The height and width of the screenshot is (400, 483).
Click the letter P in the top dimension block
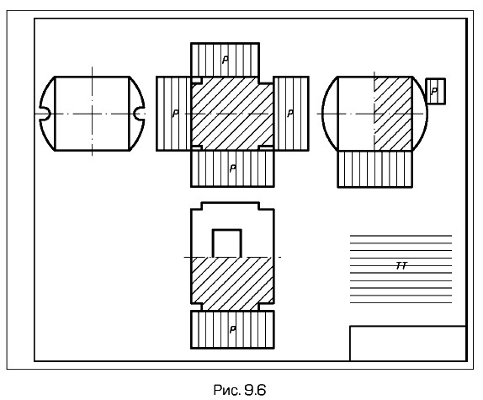226,60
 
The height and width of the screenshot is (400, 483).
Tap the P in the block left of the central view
175,114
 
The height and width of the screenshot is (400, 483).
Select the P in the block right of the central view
290,114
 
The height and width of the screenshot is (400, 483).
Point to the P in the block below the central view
233,168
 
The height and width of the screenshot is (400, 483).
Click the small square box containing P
436,92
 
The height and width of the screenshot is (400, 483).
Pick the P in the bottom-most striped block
233,329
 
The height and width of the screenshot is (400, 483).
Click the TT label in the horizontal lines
401,265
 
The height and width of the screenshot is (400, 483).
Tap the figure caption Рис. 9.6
240,390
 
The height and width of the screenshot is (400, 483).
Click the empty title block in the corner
408,344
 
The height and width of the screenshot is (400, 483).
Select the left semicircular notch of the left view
45,114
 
